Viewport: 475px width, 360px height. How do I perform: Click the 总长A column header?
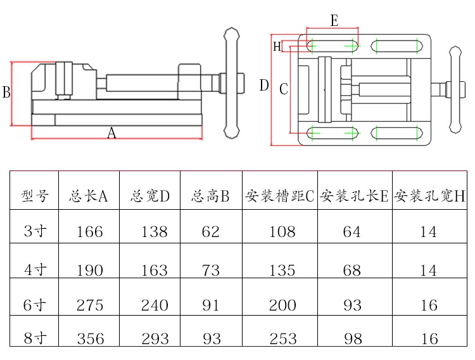coord(89,196)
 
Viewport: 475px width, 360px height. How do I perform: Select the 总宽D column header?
coord(150,196)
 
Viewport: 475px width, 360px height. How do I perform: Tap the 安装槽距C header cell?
coord(279,196)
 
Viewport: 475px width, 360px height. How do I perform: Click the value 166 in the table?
coord(89,232)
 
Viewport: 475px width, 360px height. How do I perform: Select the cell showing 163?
coord(155,271)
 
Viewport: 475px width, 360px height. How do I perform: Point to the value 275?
coord(89,305)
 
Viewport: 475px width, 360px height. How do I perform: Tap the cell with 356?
coord(89,338)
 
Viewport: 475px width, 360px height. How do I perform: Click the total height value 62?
coord(211,232)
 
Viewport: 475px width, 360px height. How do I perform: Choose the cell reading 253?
coord(282,338)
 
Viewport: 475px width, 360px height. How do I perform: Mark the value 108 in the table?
coord(282,232)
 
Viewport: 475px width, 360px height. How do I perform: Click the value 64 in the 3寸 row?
coord(351,232)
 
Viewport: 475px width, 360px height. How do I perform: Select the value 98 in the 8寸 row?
coord(351,338)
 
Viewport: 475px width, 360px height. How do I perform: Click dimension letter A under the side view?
coord(111,134)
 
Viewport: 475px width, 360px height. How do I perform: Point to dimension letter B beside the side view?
coord(6,93)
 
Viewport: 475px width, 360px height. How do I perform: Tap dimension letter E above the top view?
coord(334,21)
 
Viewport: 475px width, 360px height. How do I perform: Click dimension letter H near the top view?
coord(277,46)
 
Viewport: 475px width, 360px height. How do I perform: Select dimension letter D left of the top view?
coord(264,86)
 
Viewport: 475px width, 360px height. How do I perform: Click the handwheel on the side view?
coord(231,82)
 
